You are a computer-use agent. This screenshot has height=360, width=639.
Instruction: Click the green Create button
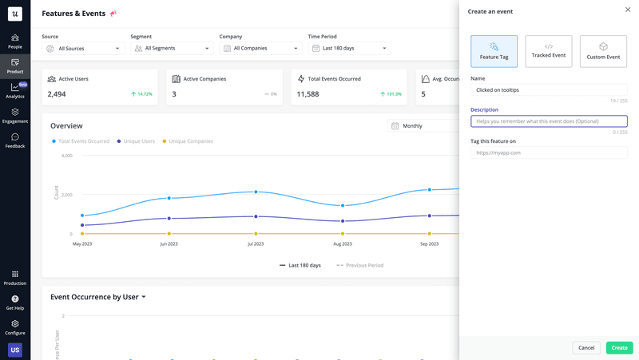[x=619, y=347]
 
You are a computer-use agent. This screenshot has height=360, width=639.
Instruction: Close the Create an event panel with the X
[x=628, y=10]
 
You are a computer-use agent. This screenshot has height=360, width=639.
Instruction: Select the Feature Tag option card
[x=494, y=51]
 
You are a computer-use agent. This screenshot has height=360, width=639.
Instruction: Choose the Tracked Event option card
[x=549, y=51]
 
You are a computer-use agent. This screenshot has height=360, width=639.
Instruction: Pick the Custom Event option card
[x=603, y=51]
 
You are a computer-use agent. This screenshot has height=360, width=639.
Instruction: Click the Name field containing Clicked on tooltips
[x=549, y=90]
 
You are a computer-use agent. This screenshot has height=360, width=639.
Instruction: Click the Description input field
[x=549, y=121]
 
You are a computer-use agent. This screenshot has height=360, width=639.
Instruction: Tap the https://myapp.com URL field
[x=549, y=152]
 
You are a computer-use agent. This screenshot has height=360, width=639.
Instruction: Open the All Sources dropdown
[x=83, y=49]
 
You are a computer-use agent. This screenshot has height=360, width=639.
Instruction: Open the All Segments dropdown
[x=172, y=49]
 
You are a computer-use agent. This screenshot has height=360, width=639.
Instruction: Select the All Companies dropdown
[x=260, y=49]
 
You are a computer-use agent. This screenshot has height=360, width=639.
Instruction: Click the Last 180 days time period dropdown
[x=349, y=49]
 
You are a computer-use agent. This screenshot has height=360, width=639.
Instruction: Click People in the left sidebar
[x=15, y=41]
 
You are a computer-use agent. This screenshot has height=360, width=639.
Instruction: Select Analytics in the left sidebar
[x=15, y=90]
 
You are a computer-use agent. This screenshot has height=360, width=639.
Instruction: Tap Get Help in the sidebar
[x=15, y=303]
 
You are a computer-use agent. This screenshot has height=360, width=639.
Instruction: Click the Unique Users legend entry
[x=138, y=141]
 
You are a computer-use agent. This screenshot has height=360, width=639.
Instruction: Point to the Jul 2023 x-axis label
[x=256, y=243]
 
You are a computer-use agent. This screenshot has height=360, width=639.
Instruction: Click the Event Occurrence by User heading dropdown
[x=98, y=297]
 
